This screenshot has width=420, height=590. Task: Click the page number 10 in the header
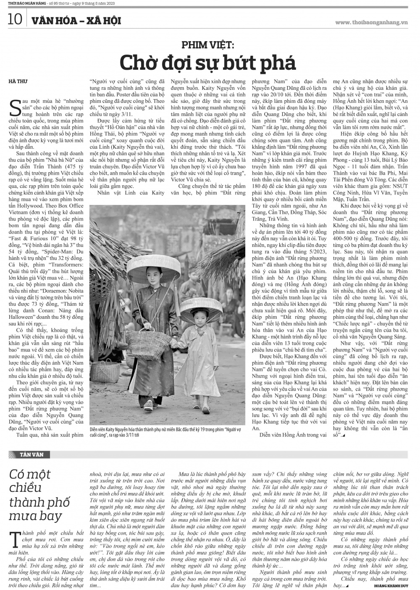coord(15,19)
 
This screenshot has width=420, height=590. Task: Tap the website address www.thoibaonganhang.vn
coord(371,22)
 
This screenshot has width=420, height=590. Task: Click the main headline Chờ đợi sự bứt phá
coord(207,63)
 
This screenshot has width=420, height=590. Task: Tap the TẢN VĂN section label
coord(31,454)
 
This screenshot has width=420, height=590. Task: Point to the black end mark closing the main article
coord(344,435)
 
